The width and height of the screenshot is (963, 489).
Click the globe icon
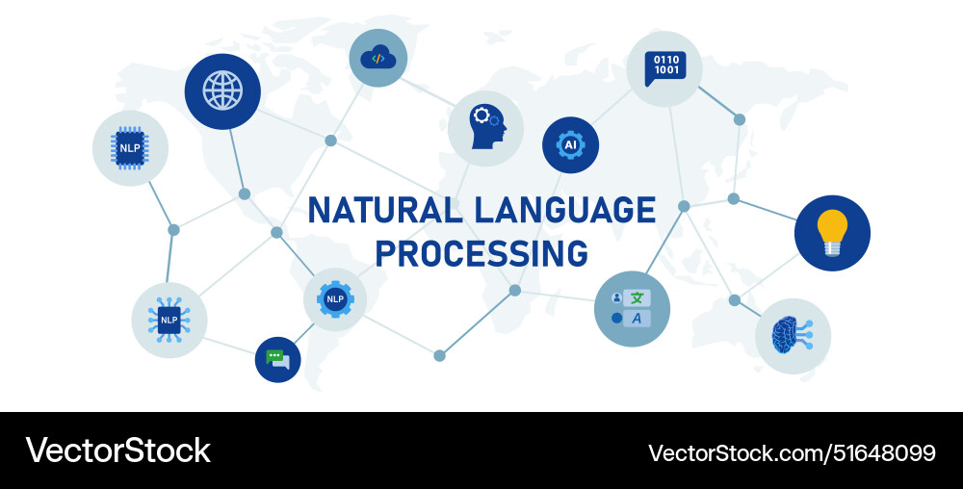(x=222, y=90)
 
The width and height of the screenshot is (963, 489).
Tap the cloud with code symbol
(x=378, y=58)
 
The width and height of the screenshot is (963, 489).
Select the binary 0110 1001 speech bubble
(x=665, y=68)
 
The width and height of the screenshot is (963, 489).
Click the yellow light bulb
(x=832, y=233)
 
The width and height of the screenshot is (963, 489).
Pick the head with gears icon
(x=488, y=127)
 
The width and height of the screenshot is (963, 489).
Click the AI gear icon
(x=570, y=144)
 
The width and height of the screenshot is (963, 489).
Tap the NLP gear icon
(x=335, y=298)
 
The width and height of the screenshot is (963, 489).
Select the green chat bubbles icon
(x=277, y=360)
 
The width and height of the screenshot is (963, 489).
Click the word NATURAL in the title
(x=385, y=210)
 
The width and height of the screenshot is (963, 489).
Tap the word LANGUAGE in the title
(x=565, y=210)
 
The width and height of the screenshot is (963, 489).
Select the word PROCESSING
(x=481, y=253)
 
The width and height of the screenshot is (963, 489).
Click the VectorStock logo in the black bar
(x=117, y=450)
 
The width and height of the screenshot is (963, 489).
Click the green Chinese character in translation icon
(x=637, y=298)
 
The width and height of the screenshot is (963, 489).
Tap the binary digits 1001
(x=666, y=70)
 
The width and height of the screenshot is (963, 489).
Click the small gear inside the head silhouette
(x=494, y=121)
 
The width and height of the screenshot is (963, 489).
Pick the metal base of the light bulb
(x=832, y=248)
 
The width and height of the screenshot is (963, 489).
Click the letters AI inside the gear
(x=570, y=144)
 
